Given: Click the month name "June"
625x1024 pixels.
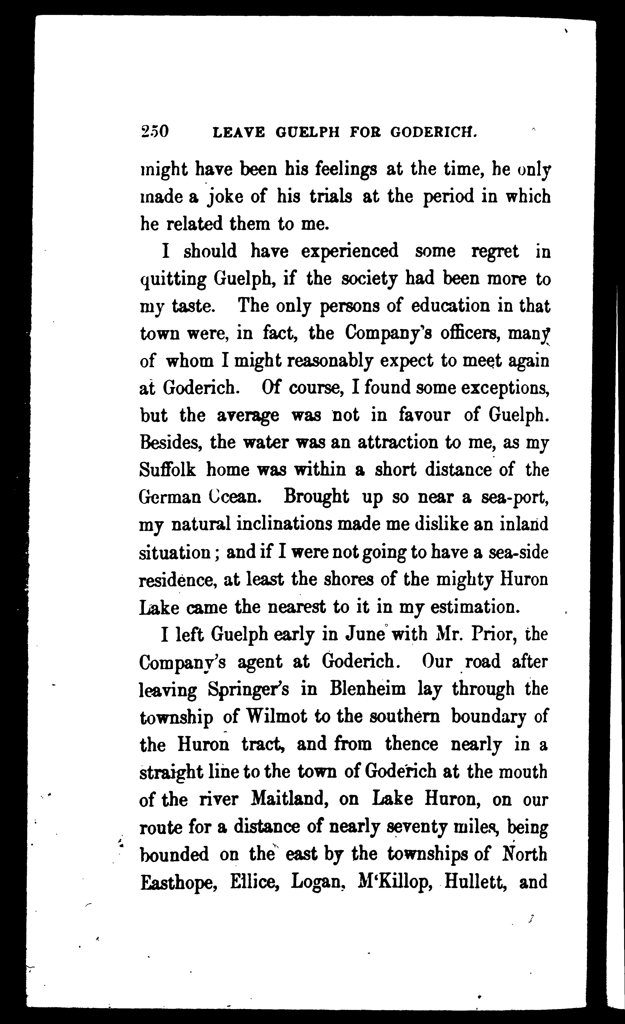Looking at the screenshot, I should [x=365, y=634].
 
